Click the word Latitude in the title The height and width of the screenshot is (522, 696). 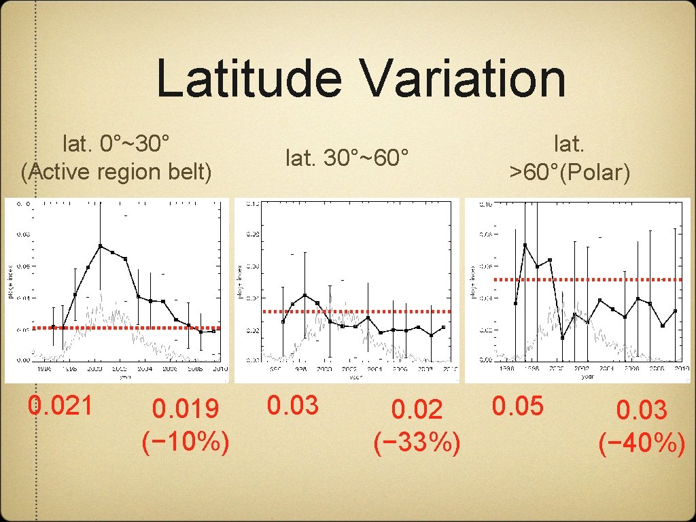(x=248, y=79)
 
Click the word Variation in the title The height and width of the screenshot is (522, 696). (x=464, y=79)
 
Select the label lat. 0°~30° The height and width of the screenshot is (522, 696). (x=116, y=143)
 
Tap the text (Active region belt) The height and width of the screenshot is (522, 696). (x=116, y=172)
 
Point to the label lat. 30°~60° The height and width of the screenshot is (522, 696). (x=347, y=158)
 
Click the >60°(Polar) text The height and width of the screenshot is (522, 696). (x=570, y=172)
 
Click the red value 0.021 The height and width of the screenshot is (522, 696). (x=60, y=406)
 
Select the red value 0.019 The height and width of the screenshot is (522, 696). (x=186, y=409)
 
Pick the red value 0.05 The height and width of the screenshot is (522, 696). (x=519, y=406)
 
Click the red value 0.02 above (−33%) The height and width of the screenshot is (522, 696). (x=417, y=409)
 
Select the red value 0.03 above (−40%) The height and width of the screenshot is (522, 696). (x=642, y=410)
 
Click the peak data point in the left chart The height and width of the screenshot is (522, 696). (x=100, y=246)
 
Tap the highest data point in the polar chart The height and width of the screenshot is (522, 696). (x=525, y=245)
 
